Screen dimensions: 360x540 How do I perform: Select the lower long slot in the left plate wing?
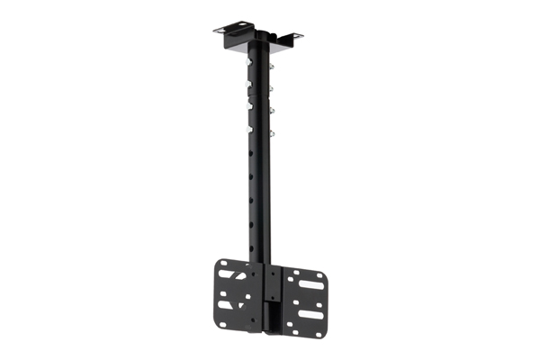(232, 305)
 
